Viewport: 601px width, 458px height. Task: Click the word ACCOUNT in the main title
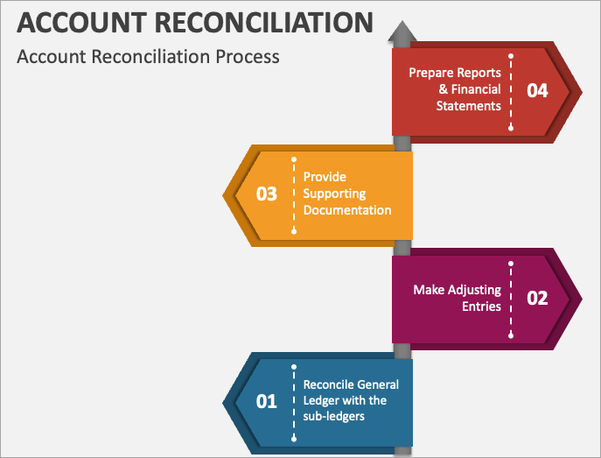coord(66,21)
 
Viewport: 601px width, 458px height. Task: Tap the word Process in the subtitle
coord(248,56)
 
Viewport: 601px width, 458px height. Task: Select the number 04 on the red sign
coord(537,90)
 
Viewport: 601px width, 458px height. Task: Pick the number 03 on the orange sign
coord(266,194)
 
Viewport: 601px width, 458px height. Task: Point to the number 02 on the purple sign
coord(537,298)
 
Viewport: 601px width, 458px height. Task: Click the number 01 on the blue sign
coord(266,401)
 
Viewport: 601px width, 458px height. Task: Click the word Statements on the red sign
coord(469,106)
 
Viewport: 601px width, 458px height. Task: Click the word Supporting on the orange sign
coord(334,194)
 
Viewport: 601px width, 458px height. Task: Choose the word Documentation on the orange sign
coord(347,210)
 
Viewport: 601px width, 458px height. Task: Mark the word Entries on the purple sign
coord(480,307)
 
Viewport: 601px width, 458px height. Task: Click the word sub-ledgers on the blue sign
coord(333,417)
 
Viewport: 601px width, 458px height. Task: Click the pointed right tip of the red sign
coord(582,89)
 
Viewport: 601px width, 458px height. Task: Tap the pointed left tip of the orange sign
coord(225,193)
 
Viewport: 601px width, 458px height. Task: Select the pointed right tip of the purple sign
coord(582,298)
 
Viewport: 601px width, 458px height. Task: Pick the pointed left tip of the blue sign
coord(225,401)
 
